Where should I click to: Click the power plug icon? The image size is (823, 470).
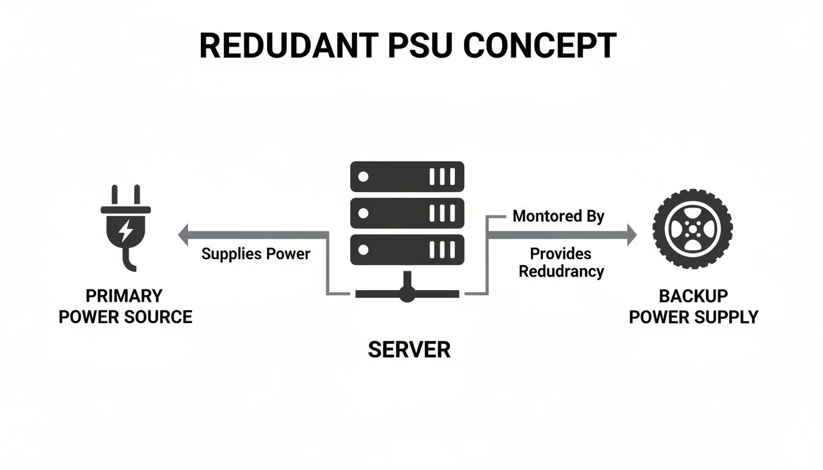point(126,226)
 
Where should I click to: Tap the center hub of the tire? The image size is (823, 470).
point(693,229)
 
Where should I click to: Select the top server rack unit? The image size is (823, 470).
point(407,176)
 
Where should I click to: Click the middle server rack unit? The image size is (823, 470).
point(407,213)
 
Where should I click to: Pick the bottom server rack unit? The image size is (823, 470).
point(407,250)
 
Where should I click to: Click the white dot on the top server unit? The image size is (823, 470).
point(363,177)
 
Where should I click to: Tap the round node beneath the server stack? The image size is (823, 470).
point(407,294)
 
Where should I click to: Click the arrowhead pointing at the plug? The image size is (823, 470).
point(184,235)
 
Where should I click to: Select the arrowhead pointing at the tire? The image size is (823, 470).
point(631,235)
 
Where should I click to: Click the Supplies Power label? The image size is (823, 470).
point(256,253)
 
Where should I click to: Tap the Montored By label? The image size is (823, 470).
point(558,216)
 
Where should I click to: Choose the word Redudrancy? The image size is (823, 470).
point(561,271)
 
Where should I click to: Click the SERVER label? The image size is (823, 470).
point(409,349)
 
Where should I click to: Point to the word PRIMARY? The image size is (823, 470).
point(124,296)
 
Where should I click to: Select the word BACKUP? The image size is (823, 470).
point(693,296)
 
